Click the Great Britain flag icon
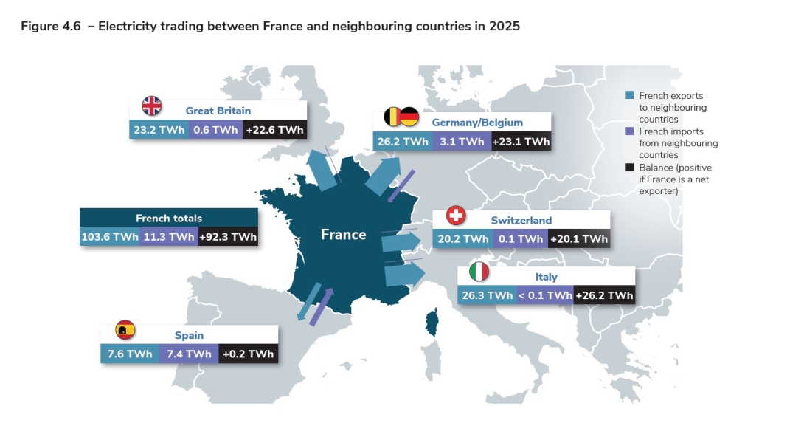coord(152,106)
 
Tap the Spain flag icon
coord(125,330)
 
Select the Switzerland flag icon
coord(457,216)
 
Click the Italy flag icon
coord(479,272)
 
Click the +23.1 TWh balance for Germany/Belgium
coord(520,142)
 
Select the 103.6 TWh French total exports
coord(109,237)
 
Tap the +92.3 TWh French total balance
coord(228,237)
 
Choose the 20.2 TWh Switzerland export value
coord(463,239)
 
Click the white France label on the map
coord(343,235)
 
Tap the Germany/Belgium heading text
coord(477,123)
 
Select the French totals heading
coord(169,219)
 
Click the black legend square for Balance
coord(629,168)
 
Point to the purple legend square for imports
coord(629,131)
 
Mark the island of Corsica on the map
coord(432,321)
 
